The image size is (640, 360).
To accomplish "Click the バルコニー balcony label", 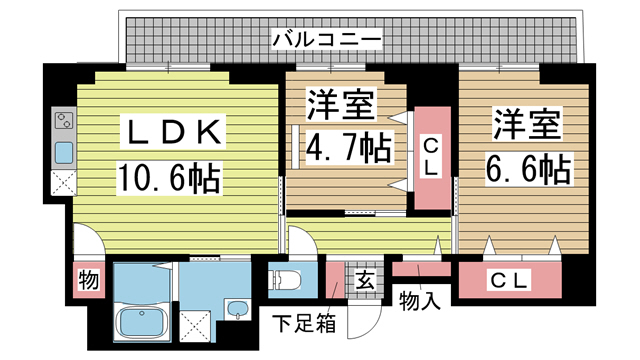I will point(326,40).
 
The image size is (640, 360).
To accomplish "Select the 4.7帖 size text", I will point(347,149).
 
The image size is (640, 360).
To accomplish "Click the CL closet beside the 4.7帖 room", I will point(430,159).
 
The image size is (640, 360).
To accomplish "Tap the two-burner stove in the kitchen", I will point(62,124).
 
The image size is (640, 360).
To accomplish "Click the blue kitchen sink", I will point(62,153).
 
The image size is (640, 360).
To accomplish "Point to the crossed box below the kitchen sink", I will point(62,183).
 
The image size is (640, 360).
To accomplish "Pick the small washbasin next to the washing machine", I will point(236,309).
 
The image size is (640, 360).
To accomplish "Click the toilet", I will point(286,279).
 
